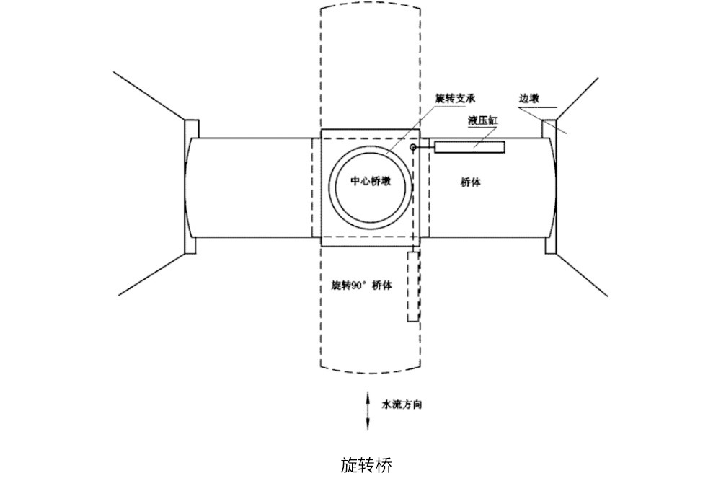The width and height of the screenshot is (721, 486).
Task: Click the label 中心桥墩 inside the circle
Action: [x=371, y=182]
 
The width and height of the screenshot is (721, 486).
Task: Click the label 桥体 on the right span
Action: [x=471, y=182]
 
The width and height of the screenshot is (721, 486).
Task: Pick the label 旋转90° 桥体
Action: [x=361, y=286]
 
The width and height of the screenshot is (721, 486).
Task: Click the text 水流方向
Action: [x=402, y=405]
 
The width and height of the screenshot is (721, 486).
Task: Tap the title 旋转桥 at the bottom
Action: [x=366, y=465]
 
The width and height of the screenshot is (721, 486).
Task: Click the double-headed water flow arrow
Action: [x=368, y=411]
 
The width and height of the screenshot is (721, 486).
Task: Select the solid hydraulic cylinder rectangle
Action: [x=469, y=147]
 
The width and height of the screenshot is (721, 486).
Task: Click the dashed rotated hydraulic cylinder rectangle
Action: [x=412, y=286]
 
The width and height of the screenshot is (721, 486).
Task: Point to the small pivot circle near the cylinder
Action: [x=413, y=148]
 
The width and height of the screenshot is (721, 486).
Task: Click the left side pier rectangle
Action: [x=192, y=186]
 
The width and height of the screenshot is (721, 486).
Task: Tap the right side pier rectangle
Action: [x=549, y=186]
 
